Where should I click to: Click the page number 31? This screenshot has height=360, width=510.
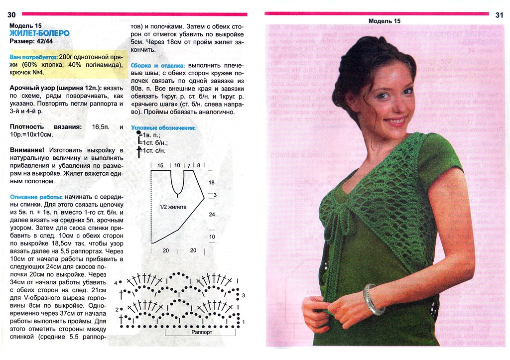pyautogui.click(x=499, y=15)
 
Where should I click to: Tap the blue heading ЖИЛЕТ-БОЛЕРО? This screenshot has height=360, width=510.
pyautogui.click(x=40, y=33)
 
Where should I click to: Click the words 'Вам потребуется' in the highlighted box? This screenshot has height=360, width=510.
pyautogui.click(x=32, y=57)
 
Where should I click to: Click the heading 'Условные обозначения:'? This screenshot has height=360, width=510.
pyautogui.click(x=163, y=128)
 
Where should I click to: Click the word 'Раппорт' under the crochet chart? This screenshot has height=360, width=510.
pyautogui.click(x=202, y=332)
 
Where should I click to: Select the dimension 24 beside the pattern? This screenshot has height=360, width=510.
pyautogui.click(x=212, y=214)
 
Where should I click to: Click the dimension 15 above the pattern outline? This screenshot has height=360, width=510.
pyautogui.click(x=160, y=165)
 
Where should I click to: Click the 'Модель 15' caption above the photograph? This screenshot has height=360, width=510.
pyautogui.click(x=384, y=21)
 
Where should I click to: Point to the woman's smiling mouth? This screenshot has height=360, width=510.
pyautogui.click(x=395, y=121)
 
